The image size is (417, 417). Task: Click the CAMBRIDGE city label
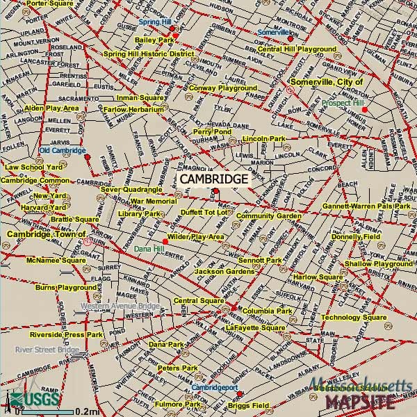[x=214, y=179]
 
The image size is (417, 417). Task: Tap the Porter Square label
[x=49, y=3]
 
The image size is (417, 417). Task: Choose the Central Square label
[x=193, y=300]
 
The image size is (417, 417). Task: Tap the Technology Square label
[x=353, y=318]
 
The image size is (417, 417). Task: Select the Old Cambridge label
[x=63, y=150]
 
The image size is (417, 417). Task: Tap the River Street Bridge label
[x=47, y=349]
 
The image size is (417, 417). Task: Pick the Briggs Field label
[x=249, y=405]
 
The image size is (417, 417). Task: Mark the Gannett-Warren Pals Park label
[x=366, y=206]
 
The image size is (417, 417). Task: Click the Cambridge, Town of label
[x=46, y=234]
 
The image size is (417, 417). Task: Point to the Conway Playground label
[x=222, y=88]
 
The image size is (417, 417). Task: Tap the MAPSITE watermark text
[x=361, y=402]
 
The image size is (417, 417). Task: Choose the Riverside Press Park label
[x=66, y=335]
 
